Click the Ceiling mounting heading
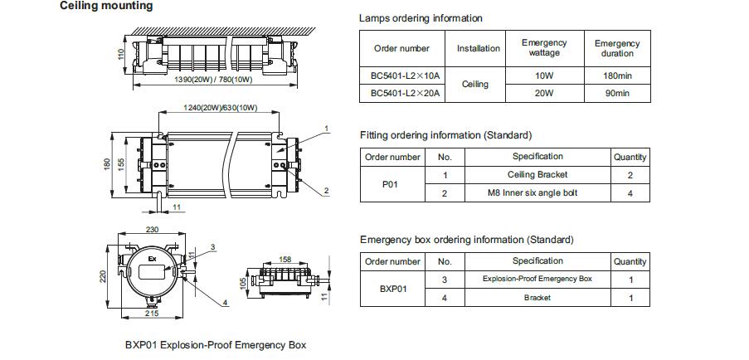pos(106,6)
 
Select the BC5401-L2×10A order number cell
pos(401,75)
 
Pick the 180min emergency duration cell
pos(617,75)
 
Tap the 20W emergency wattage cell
pos(545,94)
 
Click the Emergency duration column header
pos(617,48)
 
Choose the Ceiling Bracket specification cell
pos(537,175)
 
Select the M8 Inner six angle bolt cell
pos(537,193)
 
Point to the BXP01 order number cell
pos(392,289)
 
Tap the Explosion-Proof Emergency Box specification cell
pos(537,279)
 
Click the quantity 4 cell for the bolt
pos(630,193)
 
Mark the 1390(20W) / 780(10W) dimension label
pos(213,80)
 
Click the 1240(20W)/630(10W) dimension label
pos(220,108)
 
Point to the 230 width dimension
pos(152,230)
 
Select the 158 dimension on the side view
pos(285,260)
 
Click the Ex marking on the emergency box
pos(153,259)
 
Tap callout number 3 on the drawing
pos(212,247)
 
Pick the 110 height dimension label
pos(120,55)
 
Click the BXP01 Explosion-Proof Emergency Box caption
pos(216,345)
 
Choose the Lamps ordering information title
pos(421,18)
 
